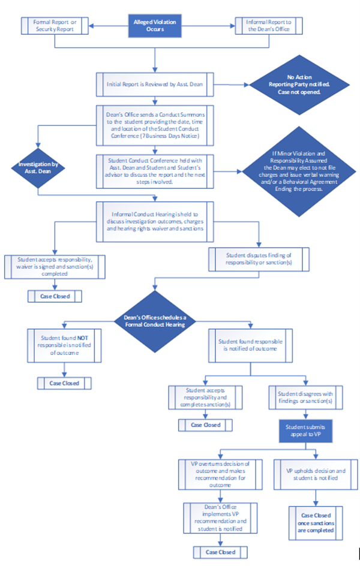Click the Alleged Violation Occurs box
pyautogui.click(x=155, y=25)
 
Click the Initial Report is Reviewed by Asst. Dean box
pyautogui.click(x=155, y=84)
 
